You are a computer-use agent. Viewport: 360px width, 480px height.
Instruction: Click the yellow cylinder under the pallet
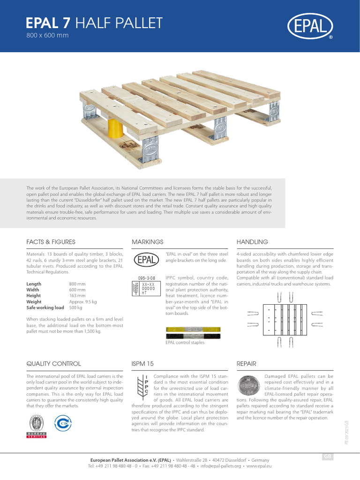point(114,127)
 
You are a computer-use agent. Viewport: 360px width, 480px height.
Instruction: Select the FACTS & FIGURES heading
point(51,242)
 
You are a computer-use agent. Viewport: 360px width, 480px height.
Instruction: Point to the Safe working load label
point(45,308)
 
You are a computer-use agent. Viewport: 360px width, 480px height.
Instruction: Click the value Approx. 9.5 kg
point(83,302)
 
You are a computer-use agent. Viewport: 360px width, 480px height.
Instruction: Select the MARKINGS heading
point(148,242)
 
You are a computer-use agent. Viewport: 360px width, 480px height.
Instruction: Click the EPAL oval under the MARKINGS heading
point(148,260)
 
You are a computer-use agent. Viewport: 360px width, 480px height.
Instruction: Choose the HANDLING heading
point(252,242)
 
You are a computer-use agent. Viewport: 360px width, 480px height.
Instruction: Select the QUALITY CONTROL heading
point(53,363)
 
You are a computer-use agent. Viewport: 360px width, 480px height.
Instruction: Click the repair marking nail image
point(248,386)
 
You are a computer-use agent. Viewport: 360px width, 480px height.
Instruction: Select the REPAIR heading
point(247,363)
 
